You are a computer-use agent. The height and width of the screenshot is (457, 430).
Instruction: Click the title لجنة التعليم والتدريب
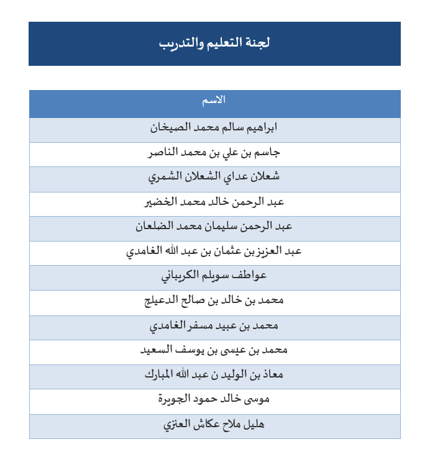pyautogui.click(x=214, y=43)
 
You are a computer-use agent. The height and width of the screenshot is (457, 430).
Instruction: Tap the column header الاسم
pyautogui.click(x=214, y=100)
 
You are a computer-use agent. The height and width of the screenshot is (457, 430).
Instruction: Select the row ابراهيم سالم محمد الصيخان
pyautogui.click(x=214, y=128)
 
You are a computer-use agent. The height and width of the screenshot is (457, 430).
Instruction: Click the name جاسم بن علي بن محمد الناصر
pyautogui.click(x=214, y=152)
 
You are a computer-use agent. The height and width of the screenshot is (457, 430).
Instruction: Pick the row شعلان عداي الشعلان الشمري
pyautogui.click(x=214, y=177)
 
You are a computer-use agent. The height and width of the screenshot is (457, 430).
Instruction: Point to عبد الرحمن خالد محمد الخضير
pyautogui.click(x=214, y=202)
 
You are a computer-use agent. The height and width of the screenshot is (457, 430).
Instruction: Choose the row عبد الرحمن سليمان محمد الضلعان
pyautogui.click(x=214, y=227)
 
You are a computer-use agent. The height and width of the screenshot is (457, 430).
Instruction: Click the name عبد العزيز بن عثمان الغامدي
pyautogui.click(x=214, y=251)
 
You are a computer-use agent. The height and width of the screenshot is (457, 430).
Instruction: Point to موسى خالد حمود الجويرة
pyautogui.click(x=214, y=399)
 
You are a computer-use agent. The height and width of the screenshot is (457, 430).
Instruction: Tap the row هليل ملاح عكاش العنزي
pyautogui.click(x=214, y=425)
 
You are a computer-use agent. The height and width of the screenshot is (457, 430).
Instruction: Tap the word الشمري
pyautogui.click(x=163, y=177)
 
